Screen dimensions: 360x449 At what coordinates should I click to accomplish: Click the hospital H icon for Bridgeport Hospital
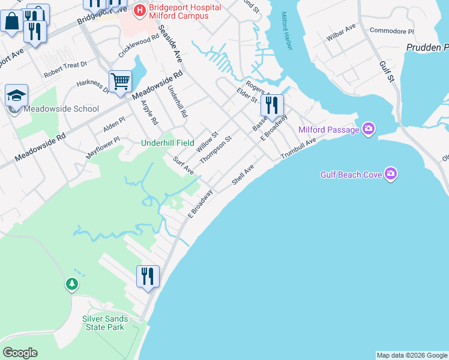pos(140,10)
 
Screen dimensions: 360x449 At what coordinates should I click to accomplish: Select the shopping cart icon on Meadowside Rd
pos(120,82)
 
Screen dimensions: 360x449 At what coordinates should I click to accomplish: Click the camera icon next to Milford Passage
pos(369,129)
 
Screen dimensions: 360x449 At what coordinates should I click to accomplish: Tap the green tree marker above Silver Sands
pos(72,283)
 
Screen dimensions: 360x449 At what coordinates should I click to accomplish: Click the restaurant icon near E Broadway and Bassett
pos(272,106)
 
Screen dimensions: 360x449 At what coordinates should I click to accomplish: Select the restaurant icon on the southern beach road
pos(148,277)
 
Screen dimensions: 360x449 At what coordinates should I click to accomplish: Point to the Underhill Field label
pos(167,143)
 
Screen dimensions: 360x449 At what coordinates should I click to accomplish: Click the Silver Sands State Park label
pos(103,323)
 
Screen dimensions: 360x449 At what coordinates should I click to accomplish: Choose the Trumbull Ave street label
pos(298,150)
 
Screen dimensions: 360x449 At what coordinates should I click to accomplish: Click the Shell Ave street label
pos(243,176)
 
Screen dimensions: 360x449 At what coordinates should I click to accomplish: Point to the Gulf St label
pos(386,70)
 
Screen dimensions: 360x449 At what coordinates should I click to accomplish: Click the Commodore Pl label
pos(391,31)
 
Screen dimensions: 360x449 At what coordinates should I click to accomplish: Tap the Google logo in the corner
pos(20,353)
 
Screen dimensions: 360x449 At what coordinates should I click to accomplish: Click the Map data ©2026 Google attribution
pos(412,355)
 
